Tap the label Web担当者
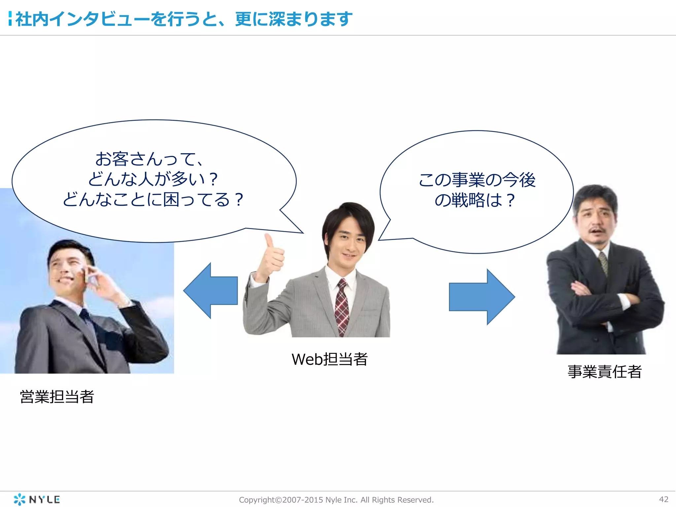point(329,359)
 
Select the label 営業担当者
point(57,396)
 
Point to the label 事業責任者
point(604,372)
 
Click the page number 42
point(663,499)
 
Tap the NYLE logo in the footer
point(37,499)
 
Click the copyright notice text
point(336,500)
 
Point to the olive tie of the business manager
point(603,262)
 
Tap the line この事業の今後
point(477,180)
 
